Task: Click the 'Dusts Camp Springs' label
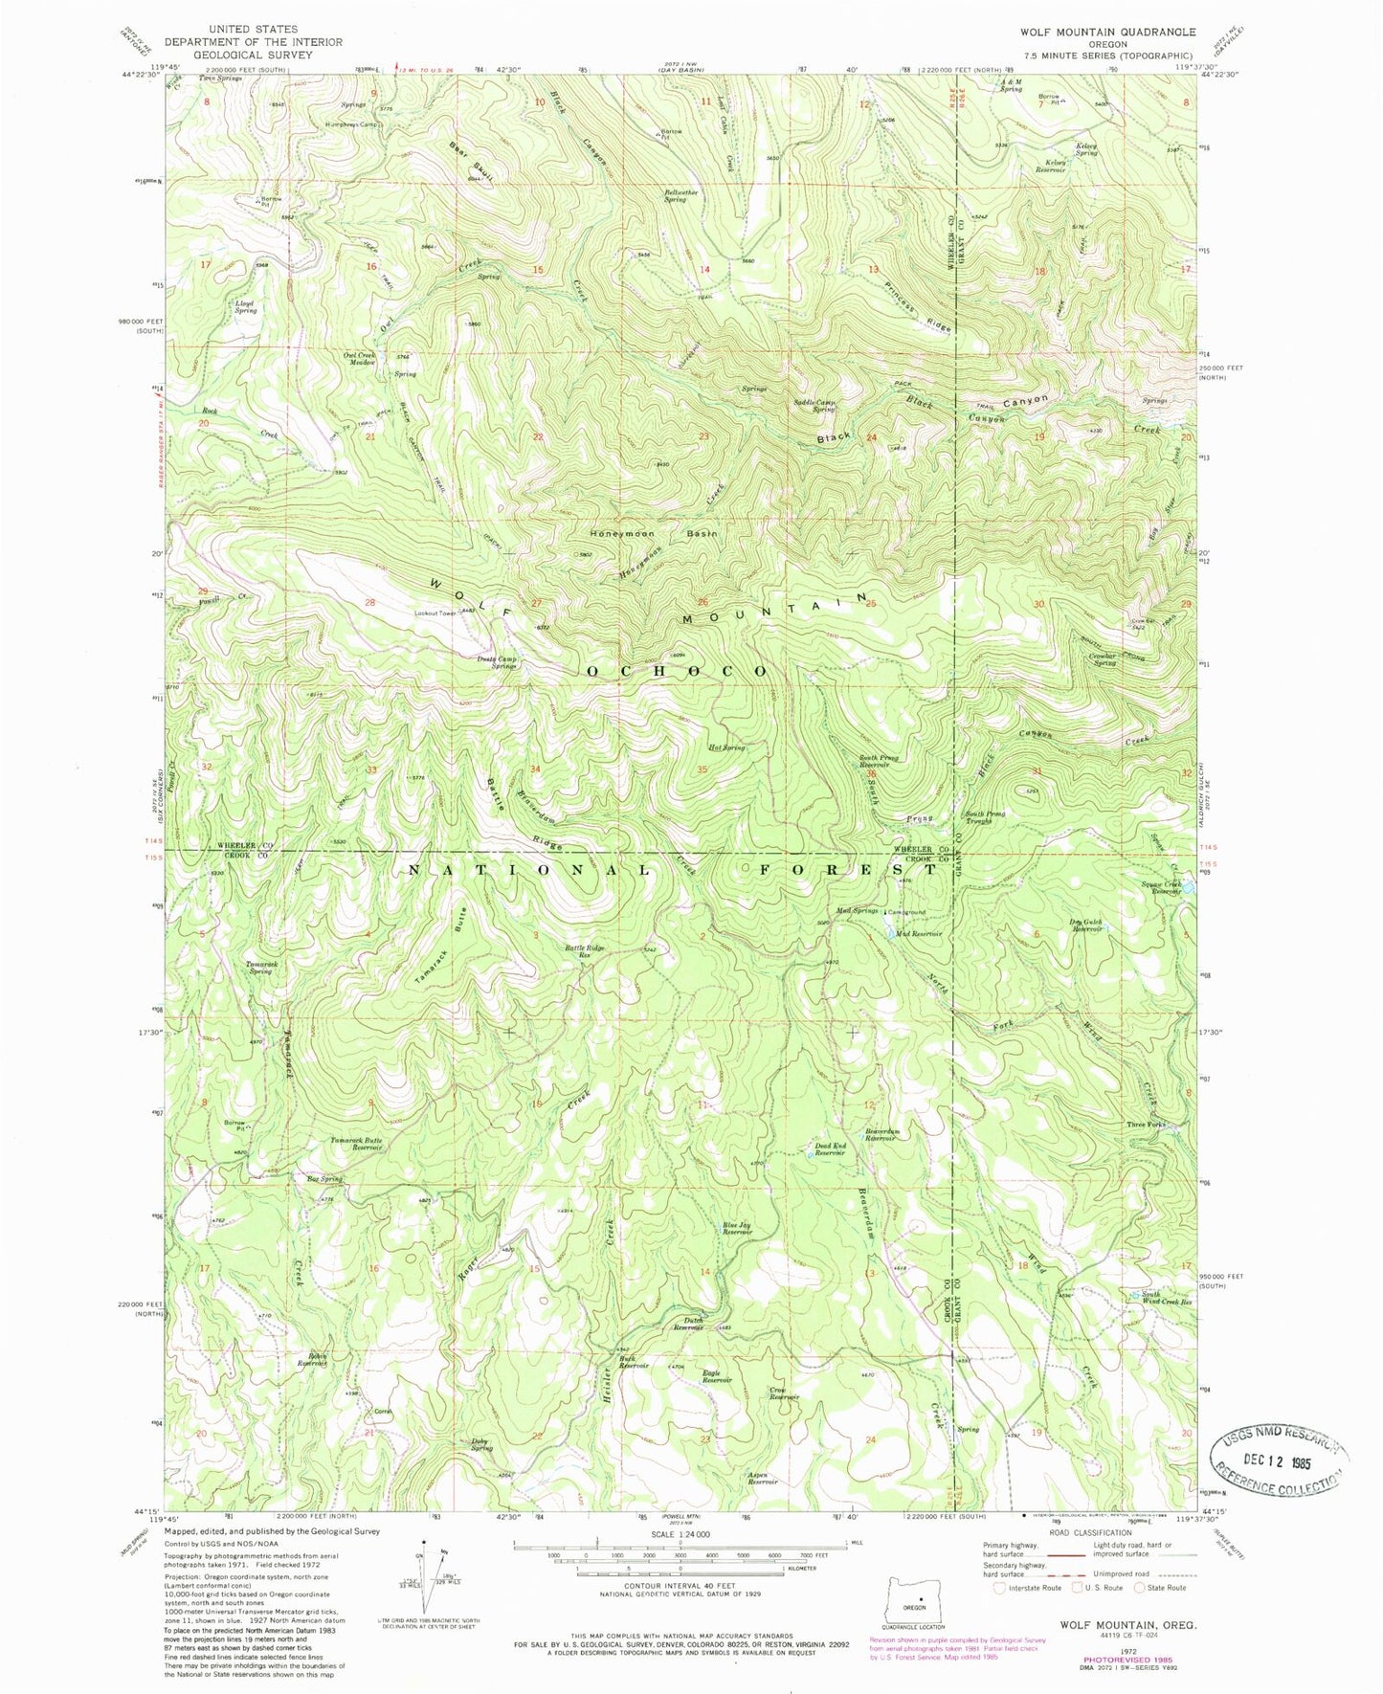pyautogui.click(x=497, y=662)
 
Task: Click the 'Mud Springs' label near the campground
pyautogui.click(x=857, y=910)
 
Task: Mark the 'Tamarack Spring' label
pyautogui.click(x=260, y=967)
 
